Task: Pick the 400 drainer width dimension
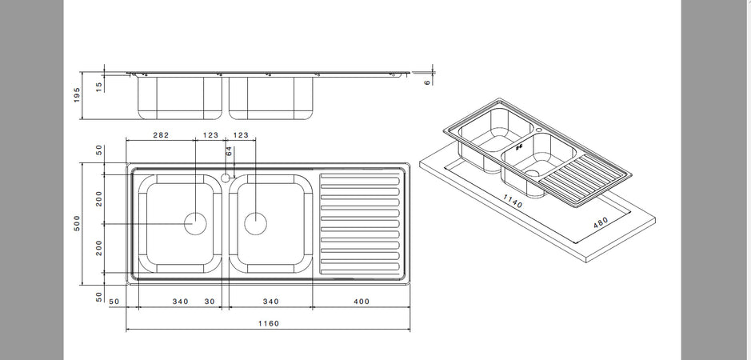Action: tap(361, 302)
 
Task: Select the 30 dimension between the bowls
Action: tap(210, 302)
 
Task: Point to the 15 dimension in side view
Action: tap(99, 86)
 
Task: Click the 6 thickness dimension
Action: tap(427, 80)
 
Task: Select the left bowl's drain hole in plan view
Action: tap(195, 223)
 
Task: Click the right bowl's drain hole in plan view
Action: tap(254, 223)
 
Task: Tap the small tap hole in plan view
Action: tap(226, 177)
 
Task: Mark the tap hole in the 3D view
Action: tap(539, 127)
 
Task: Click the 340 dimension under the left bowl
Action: tap(180, 302)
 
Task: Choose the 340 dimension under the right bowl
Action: tap(271, 302)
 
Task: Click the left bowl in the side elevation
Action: tap(180, 96)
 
